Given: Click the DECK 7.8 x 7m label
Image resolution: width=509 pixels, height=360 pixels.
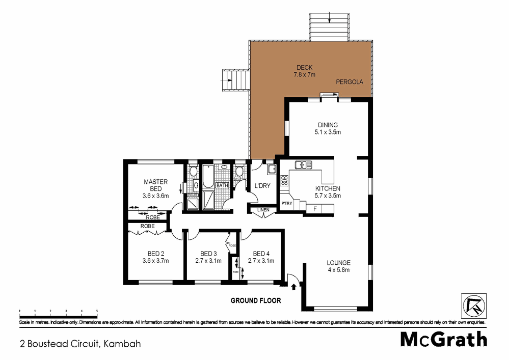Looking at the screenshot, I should click(x=304, y=71).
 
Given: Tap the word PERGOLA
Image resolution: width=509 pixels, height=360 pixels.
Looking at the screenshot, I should click(x=349, y=81).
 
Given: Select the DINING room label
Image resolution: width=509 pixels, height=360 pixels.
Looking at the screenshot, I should click(x=328, y=125).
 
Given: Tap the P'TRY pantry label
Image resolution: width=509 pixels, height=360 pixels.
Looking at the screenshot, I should click(x=286, y=204).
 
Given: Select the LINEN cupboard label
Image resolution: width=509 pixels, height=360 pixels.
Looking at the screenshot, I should click(x=263, y=210).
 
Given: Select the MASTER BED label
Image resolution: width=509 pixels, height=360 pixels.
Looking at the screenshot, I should click(x=155, y=185).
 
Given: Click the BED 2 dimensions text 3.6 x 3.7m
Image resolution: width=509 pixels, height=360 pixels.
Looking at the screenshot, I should click(x=155, y=261).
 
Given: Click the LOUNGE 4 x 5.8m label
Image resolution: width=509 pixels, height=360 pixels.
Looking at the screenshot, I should click(x=338, y=266).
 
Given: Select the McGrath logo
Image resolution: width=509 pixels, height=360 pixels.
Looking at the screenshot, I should click(x=443, y=339).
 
